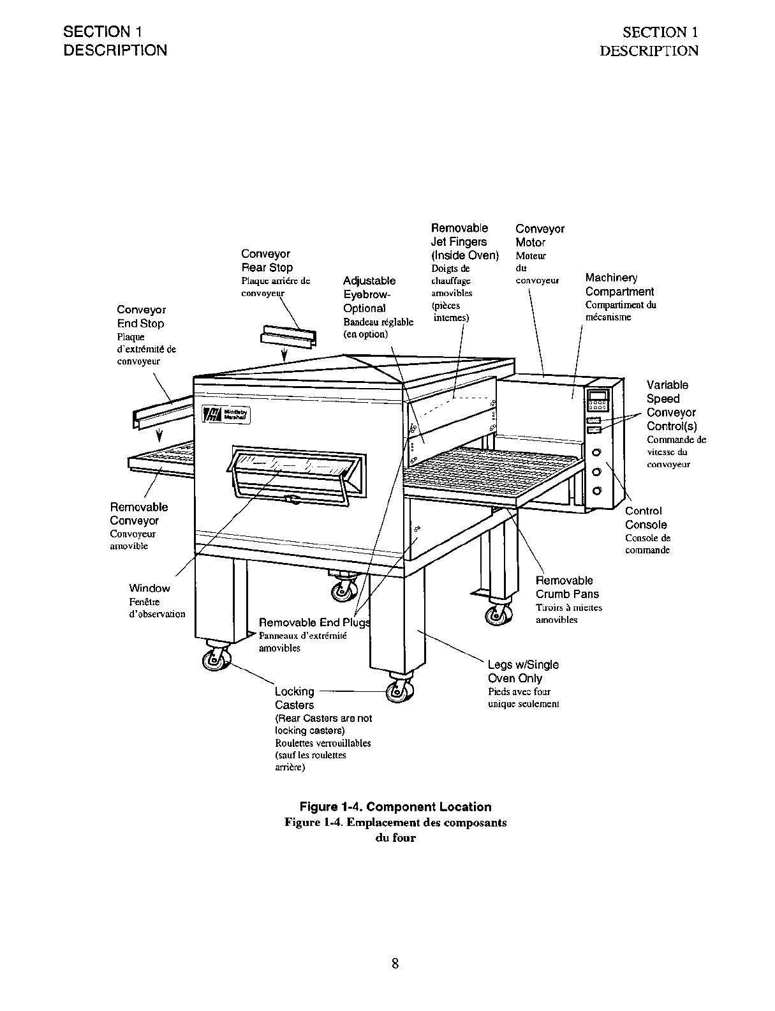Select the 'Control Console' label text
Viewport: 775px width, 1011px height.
click(645, 518)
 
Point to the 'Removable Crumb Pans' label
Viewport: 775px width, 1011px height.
click(566, 587)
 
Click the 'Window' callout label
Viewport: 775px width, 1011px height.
click(149, 588)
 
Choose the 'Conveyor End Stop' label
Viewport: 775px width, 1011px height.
click(141, 317)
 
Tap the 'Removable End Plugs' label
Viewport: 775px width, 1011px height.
click(314, 622)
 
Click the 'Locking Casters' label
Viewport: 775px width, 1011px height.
click(294, 698)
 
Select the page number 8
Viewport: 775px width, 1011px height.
click(395, 963)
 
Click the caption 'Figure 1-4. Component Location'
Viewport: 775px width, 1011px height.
click(395, 807)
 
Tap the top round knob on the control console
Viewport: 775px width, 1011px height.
click(597, 453)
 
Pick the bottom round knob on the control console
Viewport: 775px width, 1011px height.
click(597, 491)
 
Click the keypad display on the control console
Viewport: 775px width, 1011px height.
click(598, 400)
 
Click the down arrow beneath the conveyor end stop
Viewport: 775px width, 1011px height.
click(159, 436)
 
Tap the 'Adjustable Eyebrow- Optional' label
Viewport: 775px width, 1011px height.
click(369, 294)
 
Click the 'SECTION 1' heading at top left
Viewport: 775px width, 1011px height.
click(102, 32)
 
